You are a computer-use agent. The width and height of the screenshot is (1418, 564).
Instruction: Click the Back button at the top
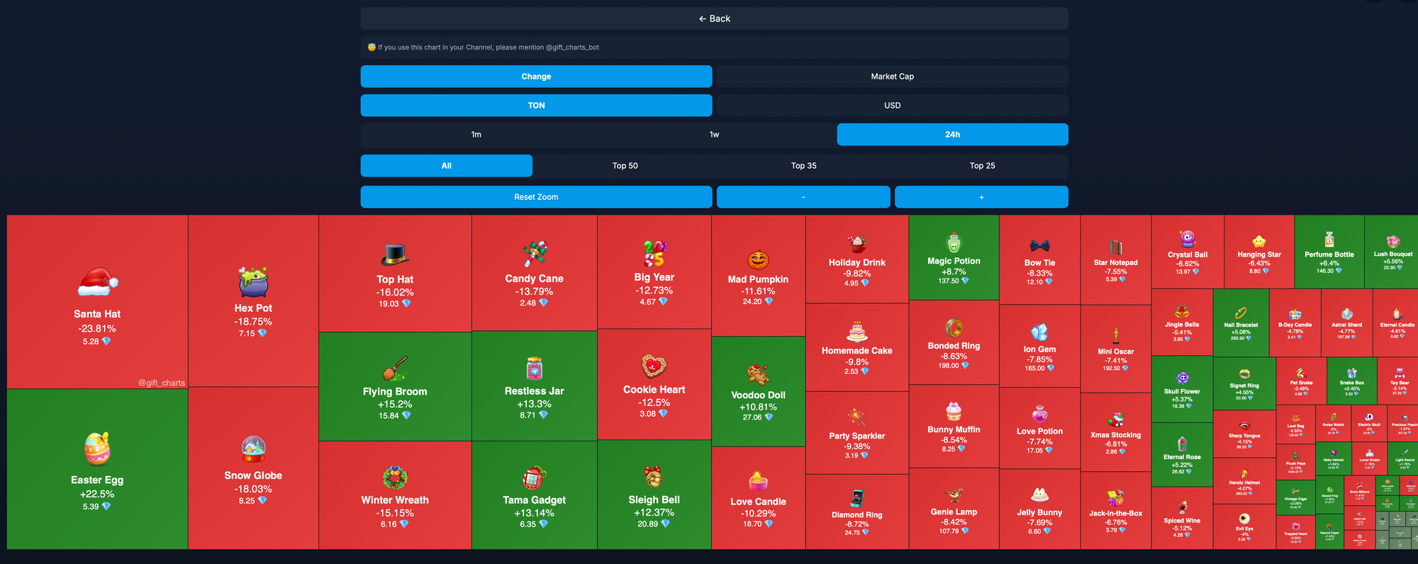[714, 18]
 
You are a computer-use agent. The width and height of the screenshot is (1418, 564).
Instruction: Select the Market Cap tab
[892, 77]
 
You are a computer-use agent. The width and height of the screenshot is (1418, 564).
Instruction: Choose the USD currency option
[892, 106]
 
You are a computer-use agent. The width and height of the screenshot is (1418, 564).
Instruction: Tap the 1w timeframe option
[714, 135]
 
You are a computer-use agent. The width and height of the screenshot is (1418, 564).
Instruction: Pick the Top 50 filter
[625, 166]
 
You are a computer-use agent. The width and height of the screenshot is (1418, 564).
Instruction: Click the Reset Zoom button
[536, 197]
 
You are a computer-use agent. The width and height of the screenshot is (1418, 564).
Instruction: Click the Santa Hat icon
[98, 283]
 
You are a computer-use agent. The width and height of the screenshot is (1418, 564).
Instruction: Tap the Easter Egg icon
[97, 449]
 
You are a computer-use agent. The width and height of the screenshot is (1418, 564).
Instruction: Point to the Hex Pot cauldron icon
[253, 282]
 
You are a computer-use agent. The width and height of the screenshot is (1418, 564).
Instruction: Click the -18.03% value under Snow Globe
[253, 489]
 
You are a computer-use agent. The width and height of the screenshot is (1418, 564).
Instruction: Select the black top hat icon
[395, 254]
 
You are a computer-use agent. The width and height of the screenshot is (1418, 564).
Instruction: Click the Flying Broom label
[395, 391]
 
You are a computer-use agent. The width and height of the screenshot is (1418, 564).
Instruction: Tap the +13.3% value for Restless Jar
[534, 404]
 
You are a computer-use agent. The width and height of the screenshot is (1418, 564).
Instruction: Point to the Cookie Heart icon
[654, 366]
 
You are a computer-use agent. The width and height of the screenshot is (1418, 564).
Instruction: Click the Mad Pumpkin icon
[758, 260]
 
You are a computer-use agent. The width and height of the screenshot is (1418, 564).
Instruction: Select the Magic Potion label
[954, 261]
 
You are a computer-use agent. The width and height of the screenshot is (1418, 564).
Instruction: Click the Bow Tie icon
[1039, 246]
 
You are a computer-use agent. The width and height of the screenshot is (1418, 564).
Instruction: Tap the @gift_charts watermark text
[161, 383]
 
